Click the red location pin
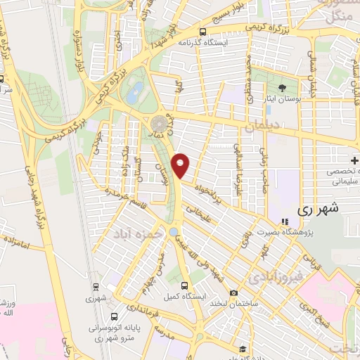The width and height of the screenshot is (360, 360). point(181,165)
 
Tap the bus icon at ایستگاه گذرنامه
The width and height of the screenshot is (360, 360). point(203,32)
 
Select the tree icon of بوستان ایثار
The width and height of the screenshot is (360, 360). point(282,88)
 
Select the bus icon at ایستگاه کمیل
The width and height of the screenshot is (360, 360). point(184,285)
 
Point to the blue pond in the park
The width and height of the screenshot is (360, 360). point(135,89)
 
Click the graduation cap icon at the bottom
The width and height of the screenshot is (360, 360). point(242,349)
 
